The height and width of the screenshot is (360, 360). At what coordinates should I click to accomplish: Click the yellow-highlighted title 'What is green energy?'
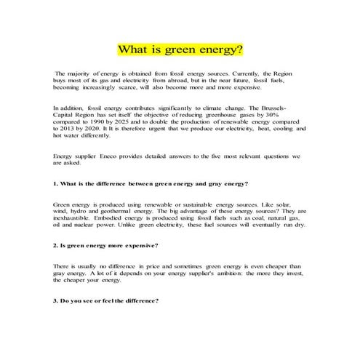coord(180,50)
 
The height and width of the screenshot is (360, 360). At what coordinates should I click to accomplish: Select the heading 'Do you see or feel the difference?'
coord(106,300)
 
